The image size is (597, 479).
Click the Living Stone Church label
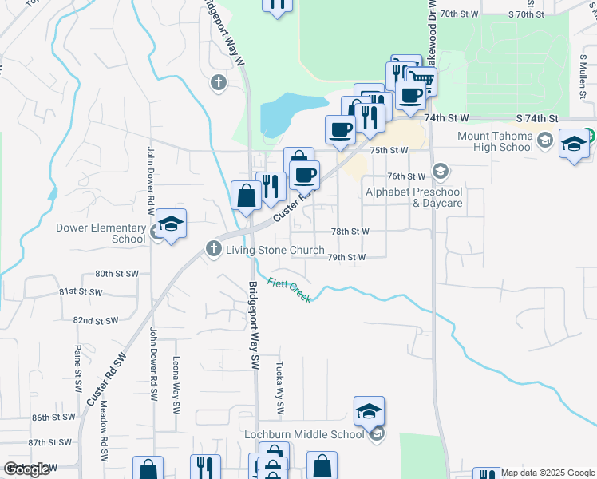(x=275, y=250)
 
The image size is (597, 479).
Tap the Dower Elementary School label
(x=101, y=233)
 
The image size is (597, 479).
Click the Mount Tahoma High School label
(x=495, y=141)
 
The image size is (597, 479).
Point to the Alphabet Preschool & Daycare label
(x=413, y=197)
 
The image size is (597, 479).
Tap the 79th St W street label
(x=346, y=258)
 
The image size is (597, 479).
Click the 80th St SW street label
(x=117, y=274)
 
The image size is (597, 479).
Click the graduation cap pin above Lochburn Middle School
(x=369, y=412)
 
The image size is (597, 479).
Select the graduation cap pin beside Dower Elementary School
(x=171, y=225)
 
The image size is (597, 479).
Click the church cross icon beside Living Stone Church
(x=213, y=249)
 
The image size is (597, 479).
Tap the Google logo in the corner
(x=26, y=469)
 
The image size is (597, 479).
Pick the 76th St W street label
(x=406, y=176)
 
